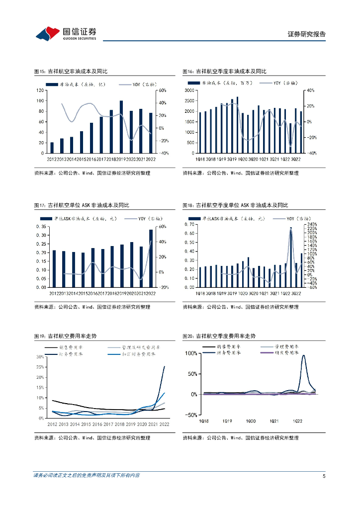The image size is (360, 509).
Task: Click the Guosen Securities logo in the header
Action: [x=65, y=33]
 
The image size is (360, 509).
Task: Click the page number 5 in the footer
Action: [x=324, y=476]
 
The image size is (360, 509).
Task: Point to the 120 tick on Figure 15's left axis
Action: [x=39, y=90]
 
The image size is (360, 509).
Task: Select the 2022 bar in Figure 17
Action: [x=151, y=258]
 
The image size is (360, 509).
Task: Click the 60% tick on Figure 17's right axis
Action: [x=162, y=227]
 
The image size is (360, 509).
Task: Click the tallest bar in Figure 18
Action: [x=291, y=257]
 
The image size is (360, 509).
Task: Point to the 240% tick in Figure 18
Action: [x=312, y=224]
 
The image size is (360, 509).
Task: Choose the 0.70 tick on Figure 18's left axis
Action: [x=189, y=224]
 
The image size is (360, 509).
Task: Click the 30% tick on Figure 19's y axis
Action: [x=40, y=357]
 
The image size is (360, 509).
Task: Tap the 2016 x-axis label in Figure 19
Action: [x=96, y=424]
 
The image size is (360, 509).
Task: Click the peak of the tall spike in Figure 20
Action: [x=303, y=355]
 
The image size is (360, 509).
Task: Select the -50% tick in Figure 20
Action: [x=190, y=415]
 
